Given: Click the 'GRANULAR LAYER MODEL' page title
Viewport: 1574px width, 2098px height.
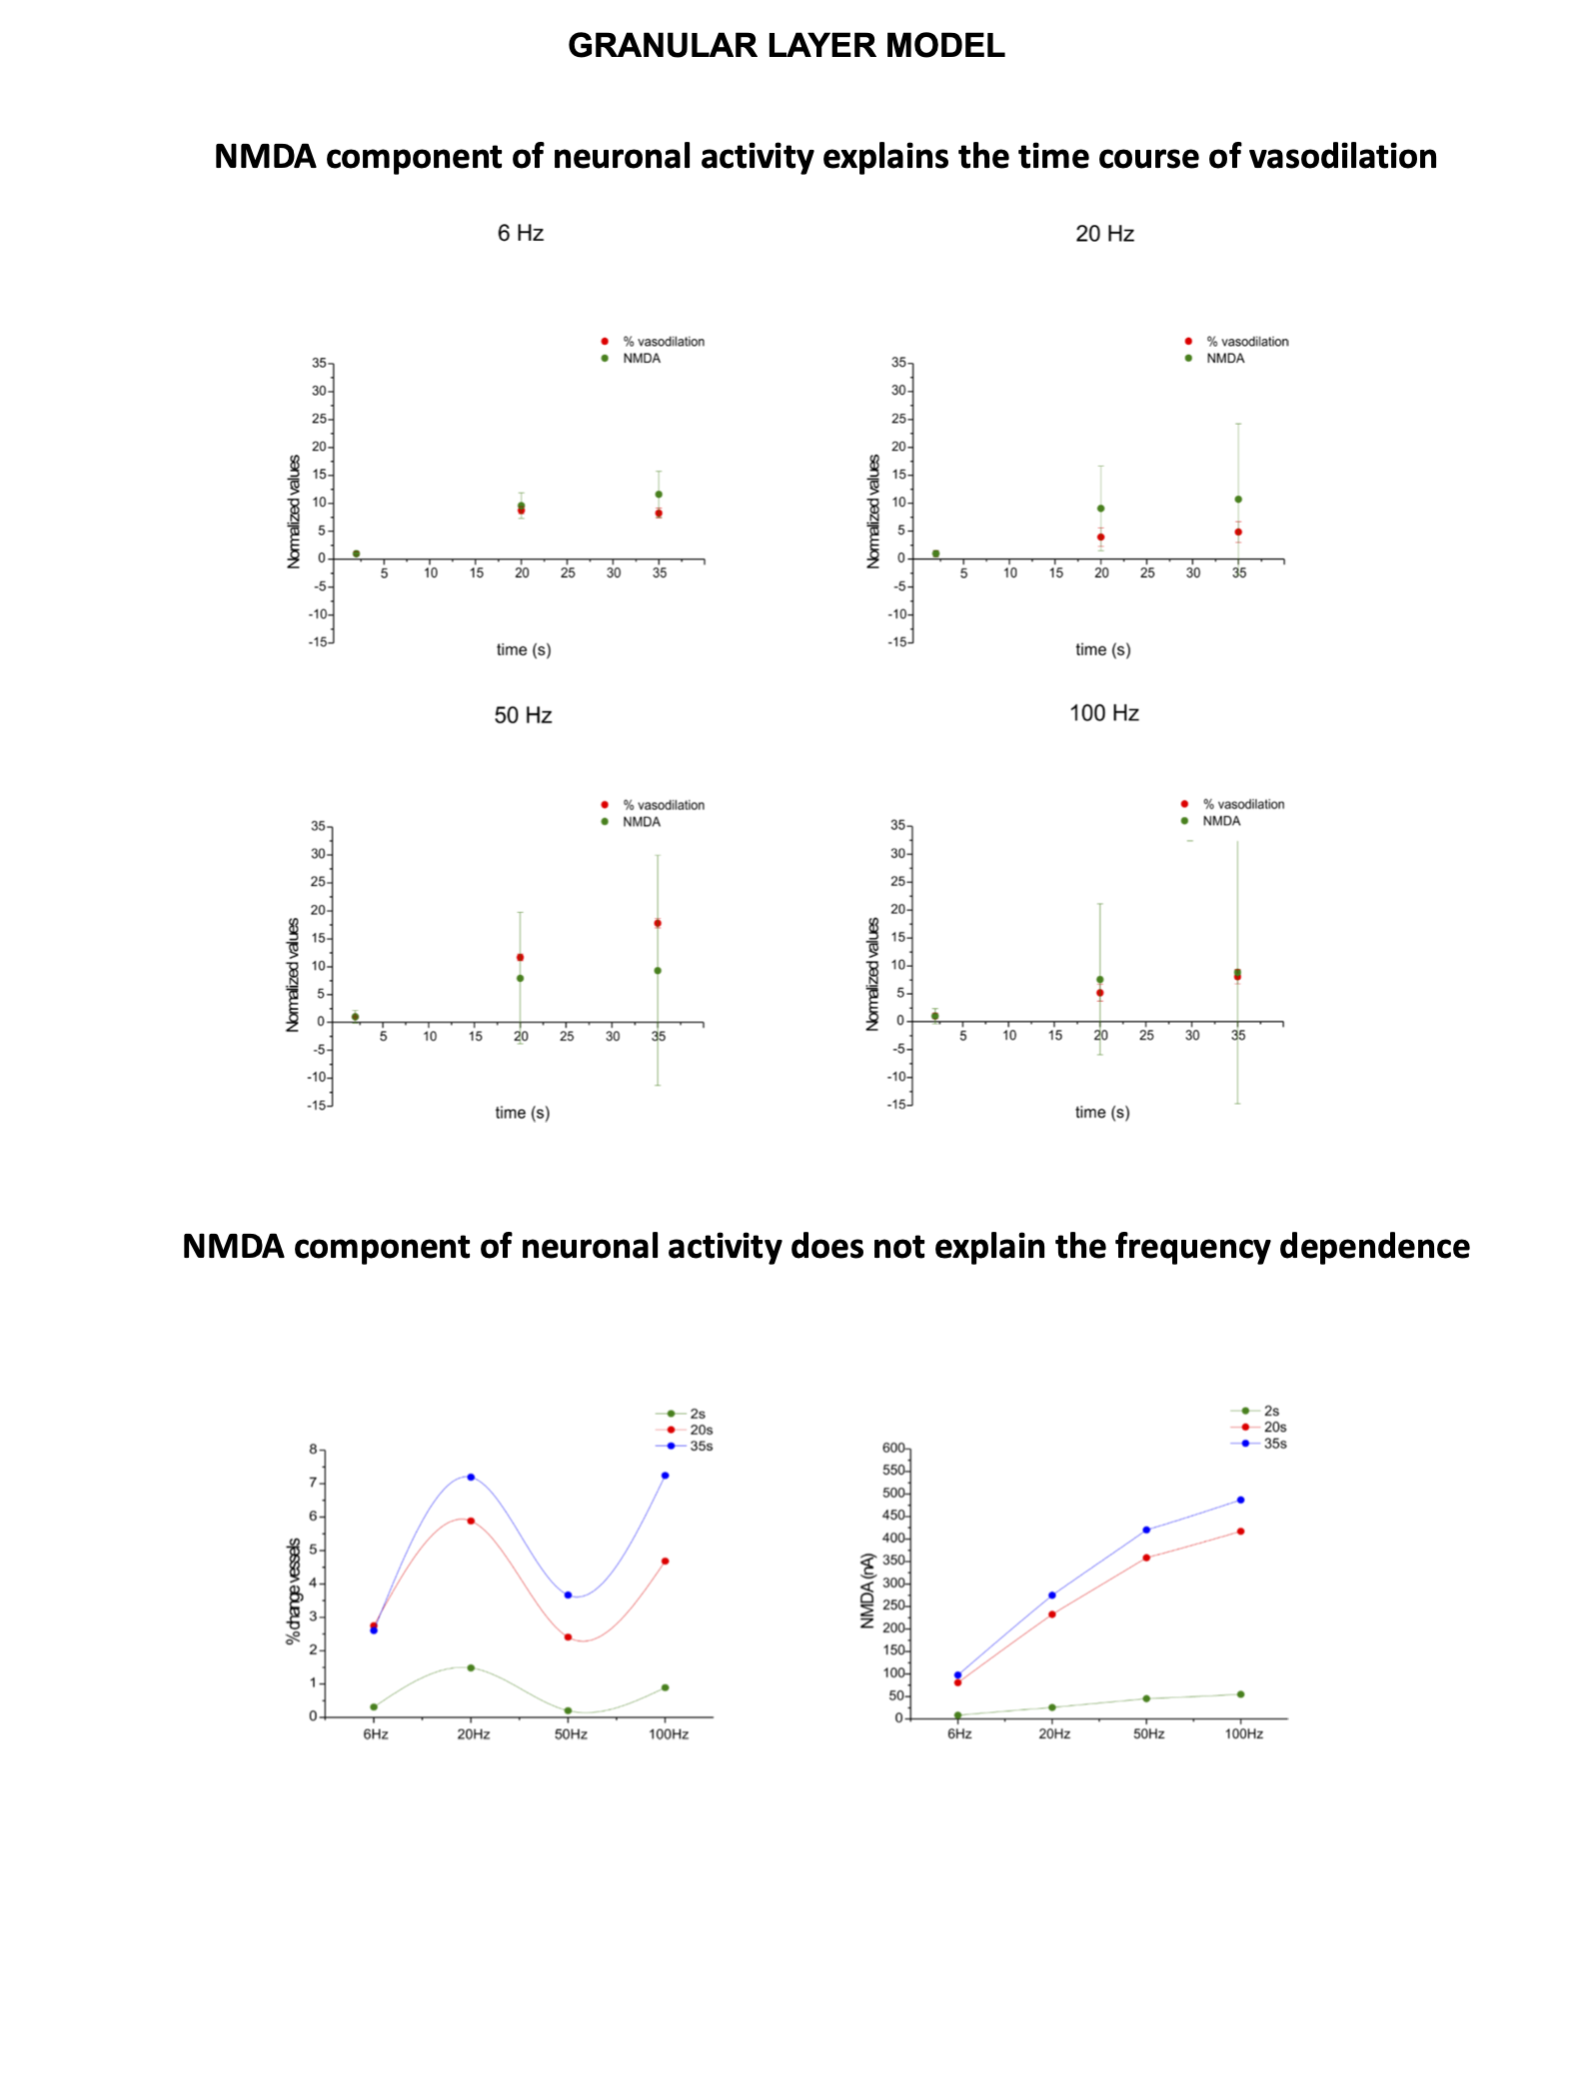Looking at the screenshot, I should tap(786, 46).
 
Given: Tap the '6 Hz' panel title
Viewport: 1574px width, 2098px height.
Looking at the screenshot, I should tap(521, 233).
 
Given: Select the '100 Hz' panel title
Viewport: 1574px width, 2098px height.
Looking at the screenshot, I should tap(1103, 713).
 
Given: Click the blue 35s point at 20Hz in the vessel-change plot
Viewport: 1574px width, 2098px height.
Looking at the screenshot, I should tap(471, 1477).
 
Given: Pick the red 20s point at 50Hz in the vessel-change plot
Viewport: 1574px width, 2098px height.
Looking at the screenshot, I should tap(568, 1636).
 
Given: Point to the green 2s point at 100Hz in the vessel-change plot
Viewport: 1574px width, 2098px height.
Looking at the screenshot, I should tap(665, 1687).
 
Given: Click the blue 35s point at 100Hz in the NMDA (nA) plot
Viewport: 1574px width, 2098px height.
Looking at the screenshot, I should tap(1240, 1500).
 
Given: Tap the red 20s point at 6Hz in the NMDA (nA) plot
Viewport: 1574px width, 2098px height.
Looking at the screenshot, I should tap(957, 1682).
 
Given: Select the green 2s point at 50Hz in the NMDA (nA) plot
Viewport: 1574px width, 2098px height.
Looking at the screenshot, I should tap(1146, 1698).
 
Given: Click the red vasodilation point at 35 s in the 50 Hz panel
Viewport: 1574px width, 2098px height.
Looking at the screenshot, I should tap(658, 923).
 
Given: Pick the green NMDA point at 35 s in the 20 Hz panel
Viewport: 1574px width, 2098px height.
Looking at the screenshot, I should tap(1238, 500).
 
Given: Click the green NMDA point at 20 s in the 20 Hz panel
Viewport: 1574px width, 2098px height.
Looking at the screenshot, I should tap(1100, 509).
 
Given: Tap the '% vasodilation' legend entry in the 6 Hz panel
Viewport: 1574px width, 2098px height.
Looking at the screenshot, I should tap(663, 342).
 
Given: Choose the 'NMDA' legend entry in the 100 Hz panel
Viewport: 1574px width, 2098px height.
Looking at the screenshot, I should tap(1220, 821).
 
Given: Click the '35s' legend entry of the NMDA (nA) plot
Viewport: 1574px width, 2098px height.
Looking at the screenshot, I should tap(1274, 1444).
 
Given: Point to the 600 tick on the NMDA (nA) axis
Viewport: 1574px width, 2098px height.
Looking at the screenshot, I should tap(893, 1448).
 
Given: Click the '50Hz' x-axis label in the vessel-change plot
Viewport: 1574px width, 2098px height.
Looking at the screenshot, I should tap(571, 1734).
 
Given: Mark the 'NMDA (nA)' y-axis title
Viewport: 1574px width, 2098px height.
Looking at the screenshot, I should tap(867, 1590).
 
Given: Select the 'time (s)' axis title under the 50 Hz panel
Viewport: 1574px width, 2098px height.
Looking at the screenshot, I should tap(523, 1113).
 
